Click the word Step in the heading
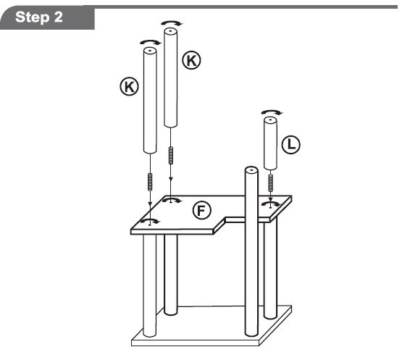tap(32, 17)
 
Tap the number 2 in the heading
tap(58, 17)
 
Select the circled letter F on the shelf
tap(202, 210)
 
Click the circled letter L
tap(290, 144)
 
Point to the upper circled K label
tap(191, 60)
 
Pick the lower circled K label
tap(129, 87)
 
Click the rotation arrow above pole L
tap(272, 112)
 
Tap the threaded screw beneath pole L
tap(270, 183)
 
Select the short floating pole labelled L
tap(270, 143)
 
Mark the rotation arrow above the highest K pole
tap(172, 23)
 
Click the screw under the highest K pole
tap(171, 156)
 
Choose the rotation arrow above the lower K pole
tap(151, 42)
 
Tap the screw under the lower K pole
tap(150, 182)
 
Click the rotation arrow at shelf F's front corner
tap(151, 221)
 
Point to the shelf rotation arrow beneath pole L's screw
tap(270, 204)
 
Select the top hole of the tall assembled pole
tap(251, 169)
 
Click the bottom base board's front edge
tap(196, 343)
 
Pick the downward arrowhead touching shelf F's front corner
tap(150, 204)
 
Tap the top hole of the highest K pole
tap(170, 31)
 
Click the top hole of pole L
tap(270, 120)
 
